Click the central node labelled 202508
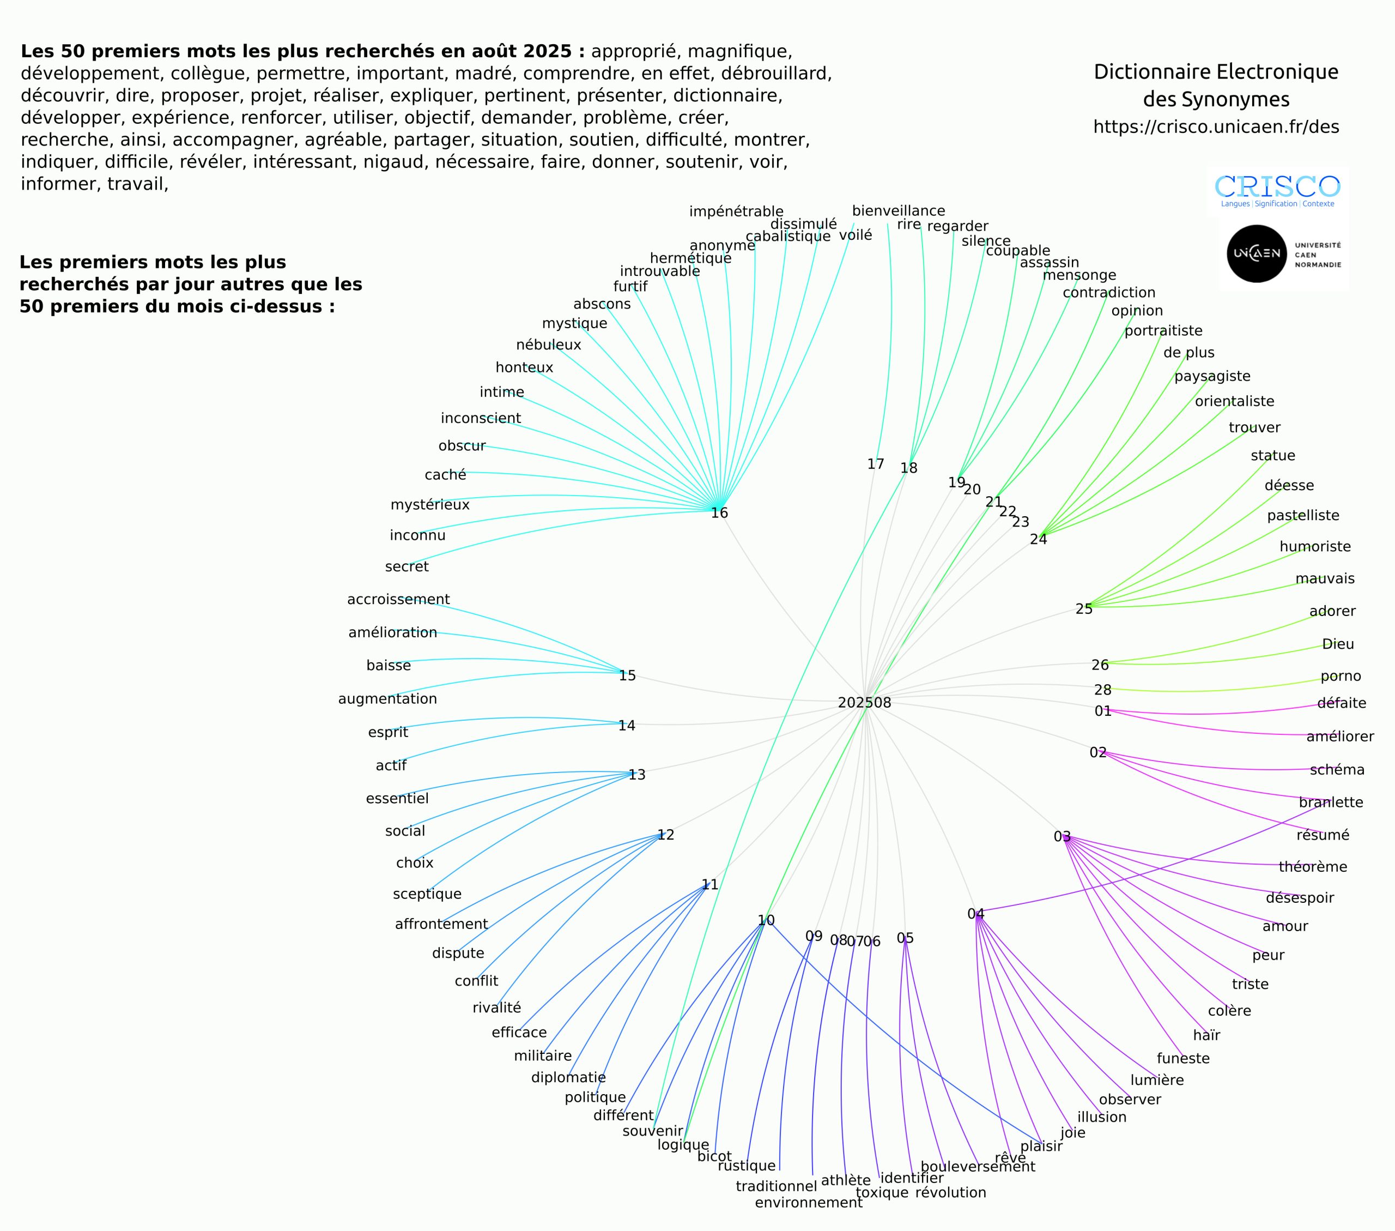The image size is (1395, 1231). pyautogui.click(x=864, y=703)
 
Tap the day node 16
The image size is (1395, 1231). pyautogui.click(x=719, y=513)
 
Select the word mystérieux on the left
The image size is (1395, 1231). pyautogui.click(x=430, y=504)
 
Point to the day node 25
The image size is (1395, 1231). pyautogui.click(x=1084, y=609)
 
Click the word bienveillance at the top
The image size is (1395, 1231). pyautogui.click(x=898, y=211)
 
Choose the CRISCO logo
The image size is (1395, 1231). pyautogui.click(x=1277, y=189)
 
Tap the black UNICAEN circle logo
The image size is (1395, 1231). pyautogui.click(x=1257, y=254)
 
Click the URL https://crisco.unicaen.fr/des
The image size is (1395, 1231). pyautogui.click(x=1216, y=127)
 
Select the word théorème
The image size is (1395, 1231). pyautogui.click(x=1312, y=867)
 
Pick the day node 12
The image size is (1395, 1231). pyautogui.click(x=665, y=834)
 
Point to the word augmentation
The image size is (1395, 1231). pyautogui.click(x=387, y=698)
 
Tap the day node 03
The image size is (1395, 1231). pyautogui.click(x=1062, y=836)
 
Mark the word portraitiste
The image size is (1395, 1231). pyautogui.click(x=1163, y=330)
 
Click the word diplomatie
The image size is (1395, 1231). pyautogui.click(x=568, y=1077)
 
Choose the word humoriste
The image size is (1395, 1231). pyautogui.click(x=1314, y=546)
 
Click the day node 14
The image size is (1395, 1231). pyautogui.click(x=627, y=725)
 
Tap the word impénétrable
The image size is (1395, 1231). pyautogui.click(x=736, y=212)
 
